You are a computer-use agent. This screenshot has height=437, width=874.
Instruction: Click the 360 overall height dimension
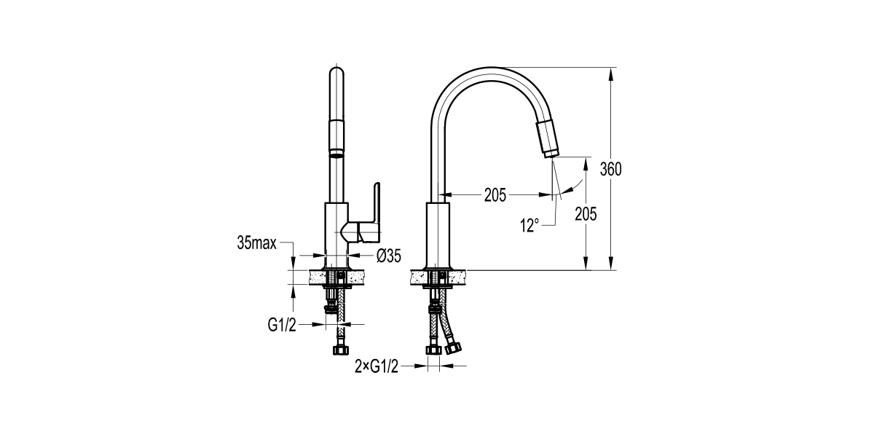click(x=610, y=169)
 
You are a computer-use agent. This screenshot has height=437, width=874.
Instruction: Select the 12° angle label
click(x=529, y=226)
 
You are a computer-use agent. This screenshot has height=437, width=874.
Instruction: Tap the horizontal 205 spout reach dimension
click(x=495, y=194)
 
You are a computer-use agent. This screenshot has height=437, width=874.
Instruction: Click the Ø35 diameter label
click(x=390, y=255)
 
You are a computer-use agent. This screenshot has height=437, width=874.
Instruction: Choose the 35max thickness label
click(x=256, y=243)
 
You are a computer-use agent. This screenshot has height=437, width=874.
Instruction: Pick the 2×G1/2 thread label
click(x=377, y=366)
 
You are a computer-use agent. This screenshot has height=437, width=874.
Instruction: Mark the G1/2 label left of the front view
click(x=282, y=325)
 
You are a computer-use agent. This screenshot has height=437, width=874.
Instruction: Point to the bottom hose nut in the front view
click(x=339, y=350)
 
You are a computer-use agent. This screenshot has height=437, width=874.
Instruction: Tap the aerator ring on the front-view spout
click(x=336, y=154)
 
